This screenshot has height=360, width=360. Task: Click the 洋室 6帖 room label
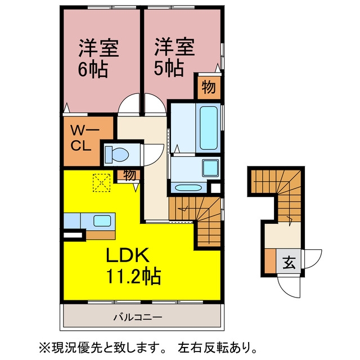pos(98,58)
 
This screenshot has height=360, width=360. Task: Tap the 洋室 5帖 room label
pos(174,57)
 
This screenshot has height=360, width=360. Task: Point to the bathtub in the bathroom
pos(208,128)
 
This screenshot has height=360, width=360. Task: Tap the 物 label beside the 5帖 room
pos(209,88)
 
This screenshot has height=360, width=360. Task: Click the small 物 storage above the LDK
pos(130,175)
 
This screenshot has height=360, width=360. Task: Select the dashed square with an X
pos(101,183)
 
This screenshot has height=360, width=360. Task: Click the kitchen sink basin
pos(102,221)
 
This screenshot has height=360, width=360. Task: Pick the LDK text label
pos(128,255)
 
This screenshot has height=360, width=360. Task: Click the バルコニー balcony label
pos(138,317)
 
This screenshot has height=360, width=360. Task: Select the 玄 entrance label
pos(289,262)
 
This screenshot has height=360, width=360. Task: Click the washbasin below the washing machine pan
pos(188,187)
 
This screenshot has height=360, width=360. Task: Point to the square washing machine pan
pos(210,168)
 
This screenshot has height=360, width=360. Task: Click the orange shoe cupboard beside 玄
pos(270,261)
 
